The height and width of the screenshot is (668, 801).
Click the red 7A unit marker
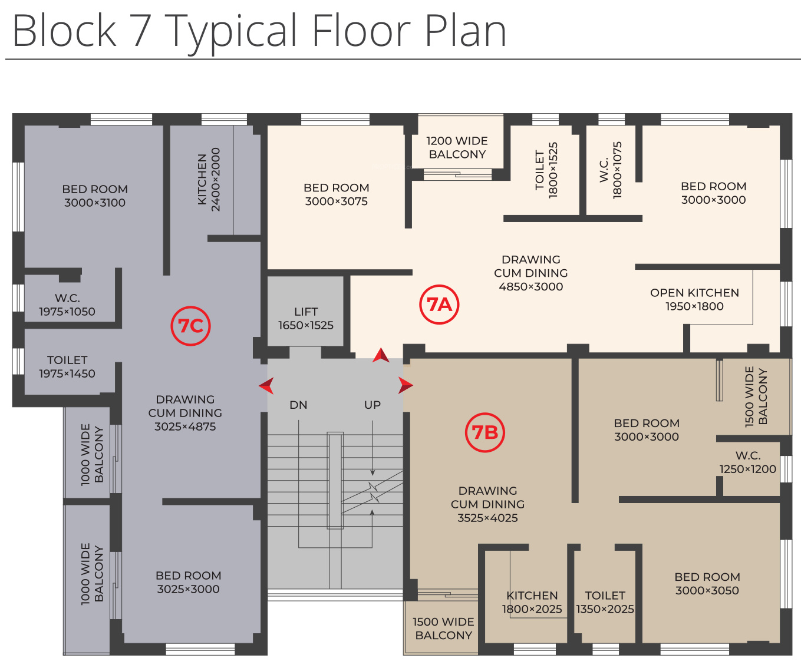point(439,305)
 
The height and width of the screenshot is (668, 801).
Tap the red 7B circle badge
point(485,433)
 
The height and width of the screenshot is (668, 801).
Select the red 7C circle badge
point(190,326)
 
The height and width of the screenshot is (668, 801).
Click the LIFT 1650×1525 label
point(306,319)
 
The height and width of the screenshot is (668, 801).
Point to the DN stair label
point(298,405)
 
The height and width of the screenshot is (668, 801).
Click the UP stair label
point(373,405)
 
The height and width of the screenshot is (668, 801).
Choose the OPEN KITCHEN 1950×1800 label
point(694,299)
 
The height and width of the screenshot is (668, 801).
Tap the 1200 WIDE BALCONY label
point(457,147)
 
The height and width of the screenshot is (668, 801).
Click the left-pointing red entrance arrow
point(266,386)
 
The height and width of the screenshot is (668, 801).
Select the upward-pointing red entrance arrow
point(381,355)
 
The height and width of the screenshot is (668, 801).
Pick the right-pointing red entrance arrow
point(406,385)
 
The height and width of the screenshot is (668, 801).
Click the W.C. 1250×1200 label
point(747,462)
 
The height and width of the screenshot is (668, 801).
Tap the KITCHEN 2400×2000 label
point(209,180)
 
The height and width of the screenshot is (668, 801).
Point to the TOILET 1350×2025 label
point(605,603)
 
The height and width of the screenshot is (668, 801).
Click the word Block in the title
point(65,31)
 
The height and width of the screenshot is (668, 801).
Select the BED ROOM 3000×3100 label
point(95,196)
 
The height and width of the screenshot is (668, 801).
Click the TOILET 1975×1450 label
point(67,366)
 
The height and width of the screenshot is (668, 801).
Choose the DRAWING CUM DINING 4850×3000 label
point(531,273)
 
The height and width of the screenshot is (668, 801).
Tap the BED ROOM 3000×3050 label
point(707,584)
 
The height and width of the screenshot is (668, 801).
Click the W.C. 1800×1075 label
point(611,170)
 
